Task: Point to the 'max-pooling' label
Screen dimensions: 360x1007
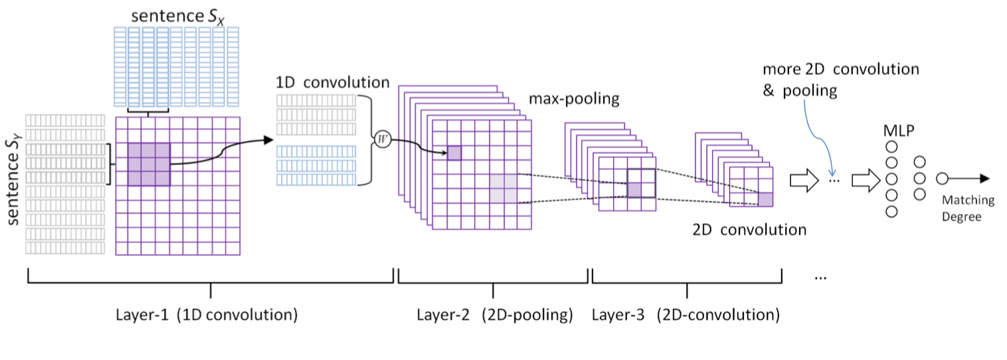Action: [574, 99]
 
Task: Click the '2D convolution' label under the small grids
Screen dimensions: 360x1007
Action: [749, 230]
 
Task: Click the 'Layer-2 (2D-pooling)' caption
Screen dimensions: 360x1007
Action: [494, 314]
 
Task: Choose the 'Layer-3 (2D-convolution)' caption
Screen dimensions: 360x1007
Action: [686, 314]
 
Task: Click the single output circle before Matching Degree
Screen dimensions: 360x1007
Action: [941, 179]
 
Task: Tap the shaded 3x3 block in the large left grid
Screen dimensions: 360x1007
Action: [149, 164]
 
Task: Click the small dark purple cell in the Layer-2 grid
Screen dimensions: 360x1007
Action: [454, 153]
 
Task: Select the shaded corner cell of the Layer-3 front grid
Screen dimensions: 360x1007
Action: [766, 199]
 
